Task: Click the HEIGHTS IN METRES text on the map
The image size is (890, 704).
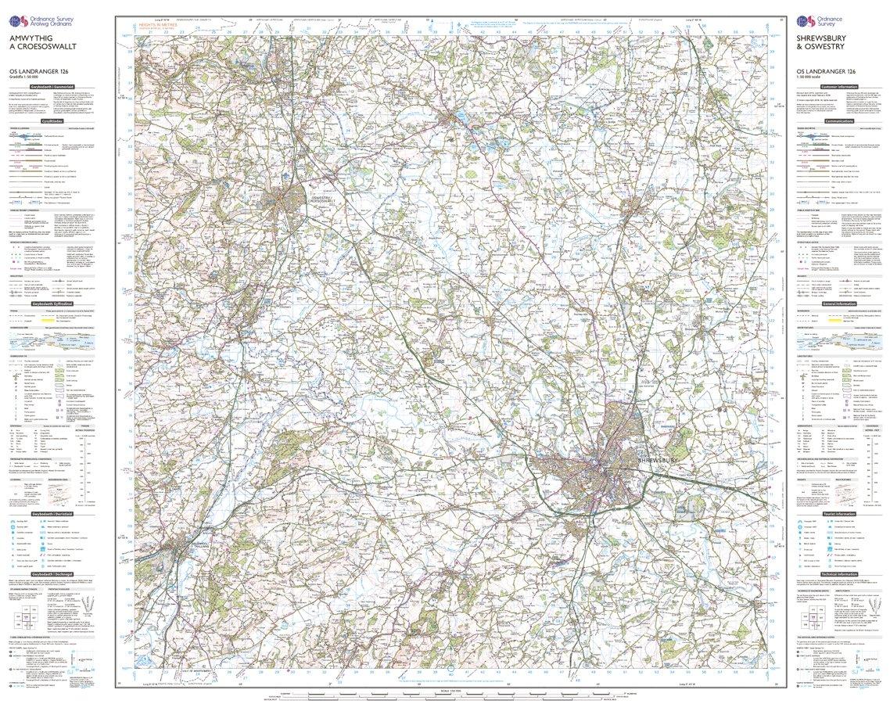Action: click(158, 25)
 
